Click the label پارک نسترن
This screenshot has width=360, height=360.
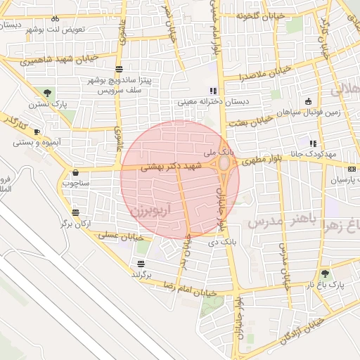(47, 104)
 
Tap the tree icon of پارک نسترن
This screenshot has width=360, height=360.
(47, 93)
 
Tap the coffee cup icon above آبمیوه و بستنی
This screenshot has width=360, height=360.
(37, 131)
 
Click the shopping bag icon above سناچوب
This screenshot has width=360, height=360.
(75, 172)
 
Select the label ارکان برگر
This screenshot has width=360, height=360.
(75, 223)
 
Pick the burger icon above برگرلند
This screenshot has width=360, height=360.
(141, 264)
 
